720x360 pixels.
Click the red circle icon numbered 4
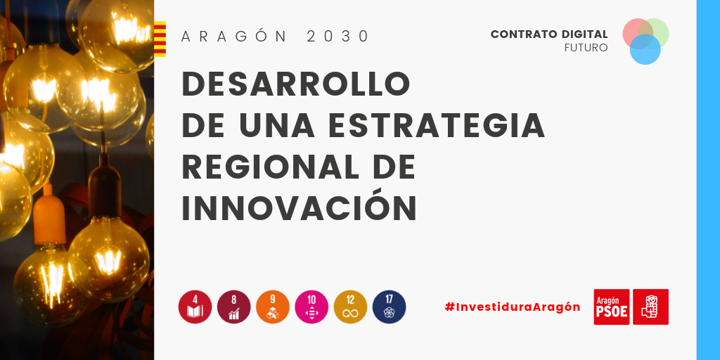point(195,307)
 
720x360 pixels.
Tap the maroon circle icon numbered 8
point(233,307)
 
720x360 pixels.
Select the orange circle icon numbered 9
point(273,307)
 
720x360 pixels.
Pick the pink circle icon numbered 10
point(311,307)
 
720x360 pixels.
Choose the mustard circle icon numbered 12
point(350,307)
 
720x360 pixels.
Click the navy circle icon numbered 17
point(390,307)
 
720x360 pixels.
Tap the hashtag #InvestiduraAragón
point(513,307)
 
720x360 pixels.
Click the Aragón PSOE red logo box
point(612,307)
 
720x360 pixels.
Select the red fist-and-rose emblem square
point(650,307)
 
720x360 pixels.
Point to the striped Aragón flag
point(160,39)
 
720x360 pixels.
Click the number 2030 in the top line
point(337,37)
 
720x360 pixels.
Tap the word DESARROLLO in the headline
point(296,84)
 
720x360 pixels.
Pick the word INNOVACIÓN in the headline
point(300,209)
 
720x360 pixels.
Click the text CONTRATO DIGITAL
point(549,34)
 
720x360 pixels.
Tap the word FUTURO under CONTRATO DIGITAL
point(586,48)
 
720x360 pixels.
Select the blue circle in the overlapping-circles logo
point(645,49)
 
